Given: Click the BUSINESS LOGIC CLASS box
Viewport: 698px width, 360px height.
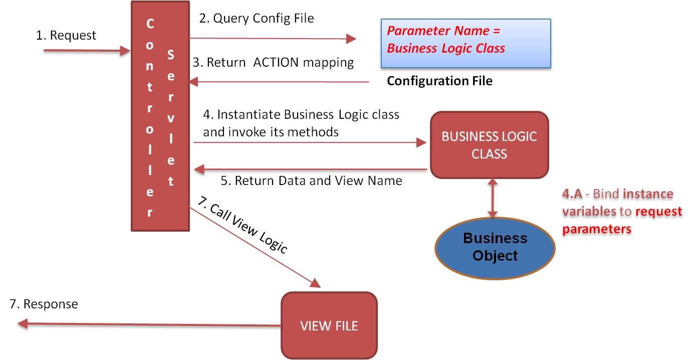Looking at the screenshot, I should point(489,145).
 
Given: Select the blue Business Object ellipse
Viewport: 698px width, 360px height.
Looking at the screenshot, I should point(495,247).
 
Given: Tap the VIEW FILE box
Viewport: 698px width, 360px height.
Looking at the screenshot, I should point(329,325).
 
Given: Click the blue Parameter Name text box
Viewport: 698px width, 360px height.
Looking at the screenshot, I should point(466,43).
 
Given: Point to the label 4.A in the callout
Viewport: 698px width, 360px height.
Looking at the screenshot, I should point(572,194).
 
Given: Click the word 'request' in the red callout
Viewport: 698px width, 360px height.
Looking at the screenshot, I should point(658,211).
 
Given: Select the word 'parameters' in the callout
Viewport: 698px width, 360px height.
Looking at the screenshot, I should point(596,229).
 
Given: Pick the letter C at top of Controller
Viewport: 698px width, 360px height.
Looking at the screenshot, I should point(150,24).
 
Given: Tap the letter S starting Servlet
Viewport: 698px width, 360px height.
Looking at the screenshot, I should point(170,55).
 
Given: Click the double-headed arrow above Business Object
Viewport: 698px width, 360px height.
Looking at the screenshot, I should point(493,198).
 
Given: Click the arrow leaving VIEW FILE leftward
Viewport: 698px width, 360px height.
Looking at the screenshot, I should point(150,324).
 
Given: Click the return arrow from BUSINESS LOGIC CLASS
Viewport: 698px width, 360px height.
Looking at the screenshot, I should point(311,169).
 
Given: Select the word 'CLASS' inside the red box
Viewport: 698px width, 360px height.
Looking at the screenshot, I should point(489,154).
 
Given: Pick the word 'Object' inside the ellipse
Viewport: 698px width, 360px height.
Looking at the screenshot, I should point(495,256).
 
